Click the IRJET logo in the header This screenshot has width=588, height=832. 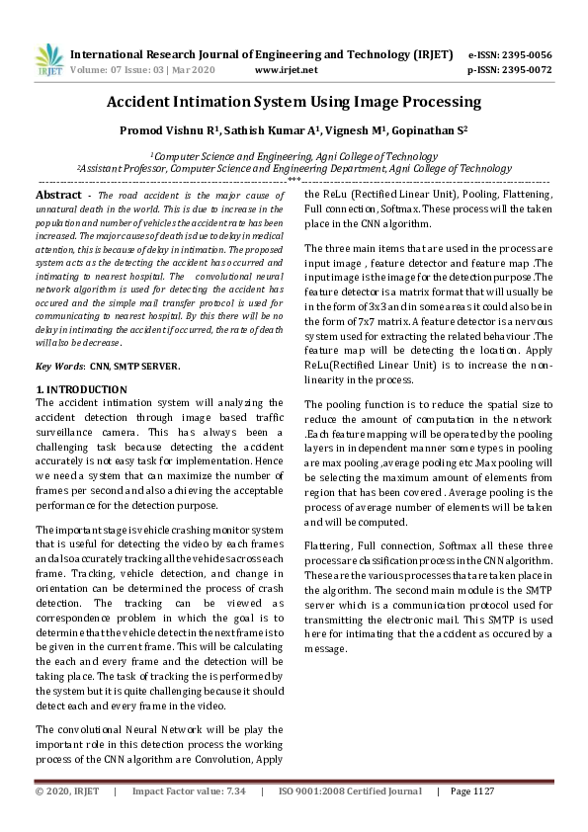48,60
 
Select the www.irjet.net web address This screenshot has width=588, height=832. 286,70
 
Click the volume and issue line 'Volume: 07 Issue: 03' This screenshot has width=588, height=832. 133,70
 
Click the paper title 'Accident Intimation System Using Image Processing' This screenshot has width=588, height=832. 294,102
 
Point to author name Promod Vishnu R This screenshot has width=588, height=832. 159,130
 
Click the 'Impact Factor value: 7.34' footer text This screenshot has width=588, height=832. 189,791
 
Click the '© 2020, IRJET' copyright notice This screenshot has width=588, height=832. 68,791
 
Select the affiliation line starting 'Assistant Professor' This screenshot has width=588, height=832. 294,169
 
